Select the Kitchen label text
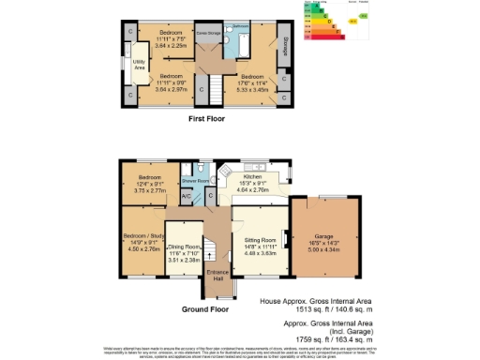click(251, 176)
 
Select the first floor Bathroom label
click(239, 26)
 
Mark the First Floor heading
click(209, 120)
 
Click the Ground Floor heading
click(205, 308)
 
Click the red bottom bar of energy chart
click(323, 36)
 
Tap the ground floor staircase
click(210, 250)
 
